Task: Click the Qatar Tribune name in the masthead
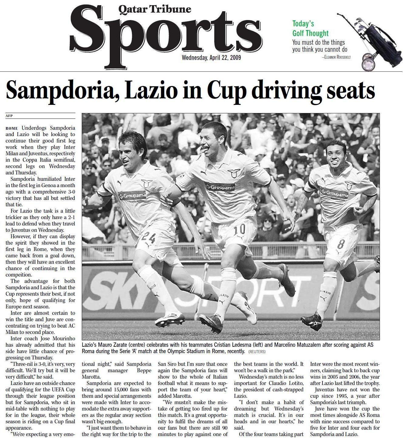[x=155, y=9]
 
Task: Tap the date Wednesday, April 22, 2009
[x=211, y=57]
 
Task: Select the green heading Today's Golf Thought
[x=310, y=29]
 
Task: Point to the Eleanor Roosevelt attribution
[x=336, y=57]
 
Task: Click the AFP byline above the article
[x=9, y=116]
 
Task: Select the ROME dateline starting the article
[x=12, y=128]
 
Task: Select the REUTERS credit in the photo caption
[x=257, y=352]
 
